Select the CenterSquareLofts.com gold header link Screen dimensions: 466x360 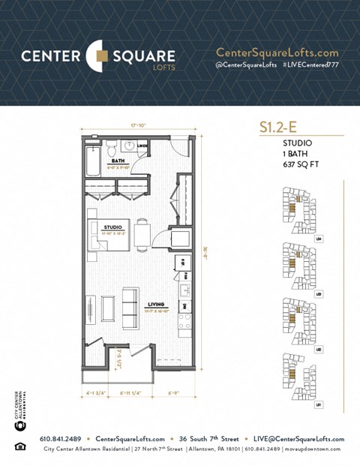click(277, 53)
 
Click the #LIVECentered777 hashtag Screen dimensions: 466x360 click(310, 66)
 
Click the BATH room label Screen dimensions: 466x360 click(118, 161)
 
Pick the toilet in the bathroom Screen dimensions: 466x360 click(110, 145)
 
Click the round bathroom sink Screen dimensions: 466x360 click(128, 146)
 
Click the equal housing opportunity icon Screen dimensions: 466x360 click(19, 447)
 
